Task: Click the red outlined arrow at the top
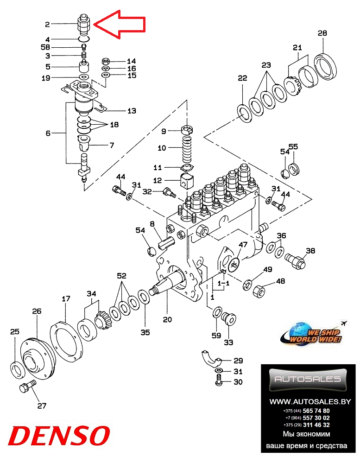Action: [120, 26]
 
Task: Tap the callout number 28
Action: [322, 33]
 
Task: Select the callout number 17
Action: [66, 299]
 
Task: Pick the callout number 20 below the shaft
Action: [167, 319]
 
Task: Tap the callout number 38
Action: [310, 251]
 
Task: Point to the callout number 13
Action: [132, 110]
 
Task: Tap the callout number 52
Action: [121, 275]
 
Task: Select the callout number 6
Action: [48, 133]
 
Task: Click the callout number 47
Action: [243, 245]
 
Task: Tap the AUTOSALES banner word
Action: [308, 379]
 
